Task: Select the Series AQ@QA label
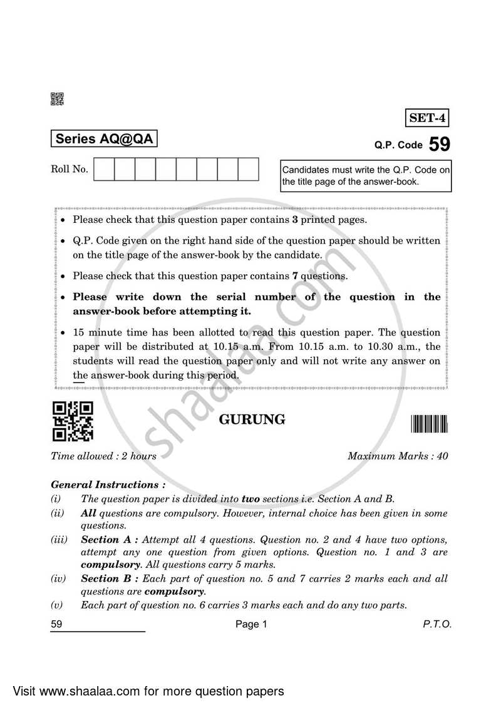[x=104, y=139]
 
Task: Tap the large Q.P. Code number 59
[x=440, y=145]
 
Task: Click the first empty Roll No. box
[x=104, y=169]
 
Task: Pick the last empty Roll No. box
[x=248, y=169]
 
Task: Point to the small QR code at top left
[x=56, y=98]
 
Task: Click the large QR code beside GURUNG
[x=73, y=421]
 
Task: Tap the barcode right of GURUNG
[x=430, y=424]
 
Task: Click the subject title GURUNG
[x=252, y=419]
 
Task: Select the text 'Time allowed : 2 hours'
[x=103, y=456]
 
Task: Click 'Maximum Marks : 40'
[x=398, y=456]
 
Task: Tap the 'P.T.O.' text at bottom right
[x=437, y=624]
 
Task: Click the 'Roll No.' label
[x=70, y=169]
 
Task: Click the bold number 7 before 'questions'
[x=295, y=275]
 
